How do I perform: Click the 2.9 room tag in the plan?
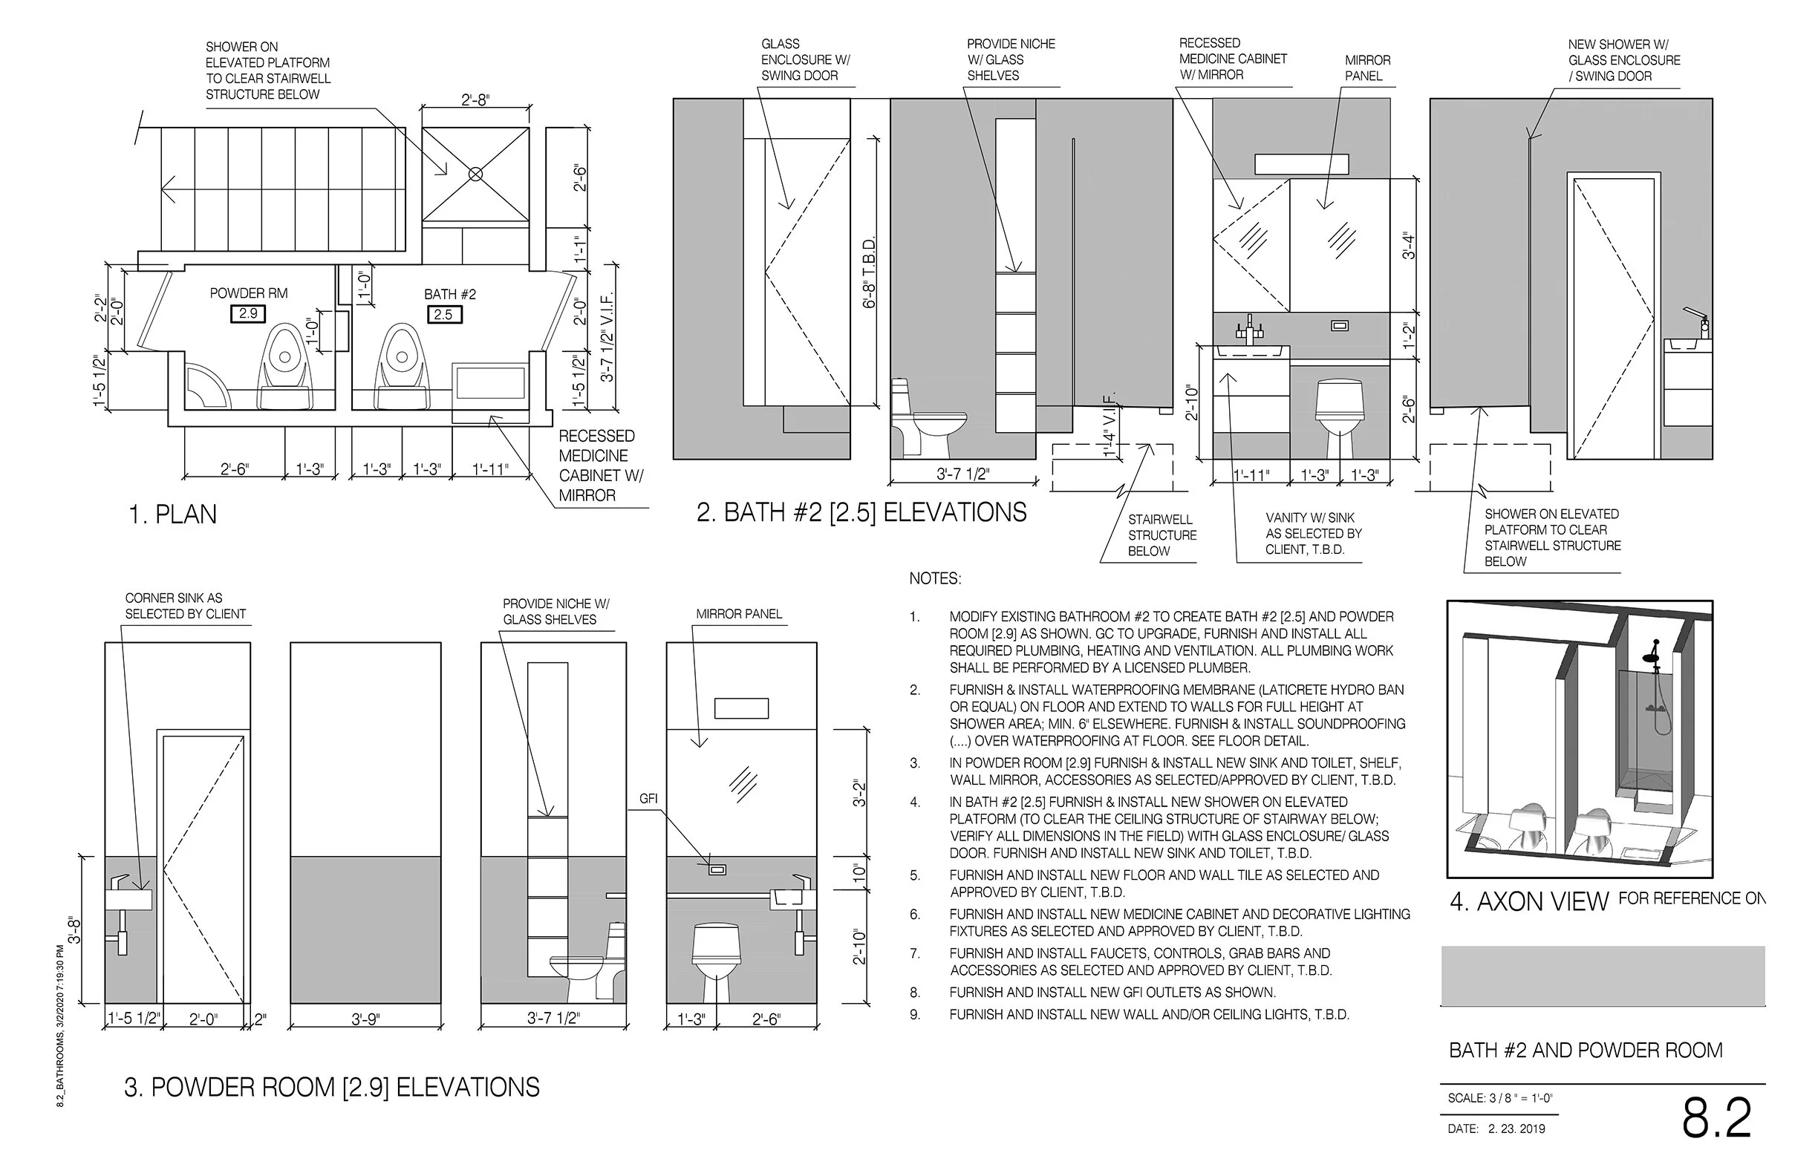(x=247, y=313)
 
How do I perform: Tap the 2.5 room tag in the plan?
(x=443, y=314)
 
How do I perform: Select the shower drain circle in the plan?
(x=475, y=174)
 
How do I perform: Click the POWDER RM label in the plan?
(x=249, y=293)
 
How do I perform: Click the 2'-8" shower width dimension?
(x=475, y=100)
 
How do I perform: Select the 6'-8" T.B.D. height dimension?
(x=870, y=272)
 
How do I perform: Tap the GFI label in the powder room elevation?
(x=648, y=799)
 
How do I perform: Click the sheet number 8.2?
(x=1716, y=1119)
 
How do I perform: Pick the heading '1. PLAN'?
(x=173, y=514)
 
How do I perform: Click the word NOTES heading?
(x=935, y=579)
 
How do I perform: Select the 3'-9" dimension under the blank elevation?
(x=366, y=1019)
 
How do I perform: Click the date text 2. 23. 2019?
(x=1516, y=1128)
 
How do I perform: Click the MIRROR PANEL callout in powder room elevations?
(x=740, y=614)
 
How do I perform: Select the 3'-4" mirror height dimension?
(x=1410, y=246)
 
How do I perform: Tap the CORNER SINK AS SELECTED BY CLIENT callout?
(x=186, y=607)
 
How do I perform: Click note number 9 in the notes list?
(x=914, y=1015)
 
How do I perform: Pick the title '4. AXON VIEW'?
(x=1529, y=902)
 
